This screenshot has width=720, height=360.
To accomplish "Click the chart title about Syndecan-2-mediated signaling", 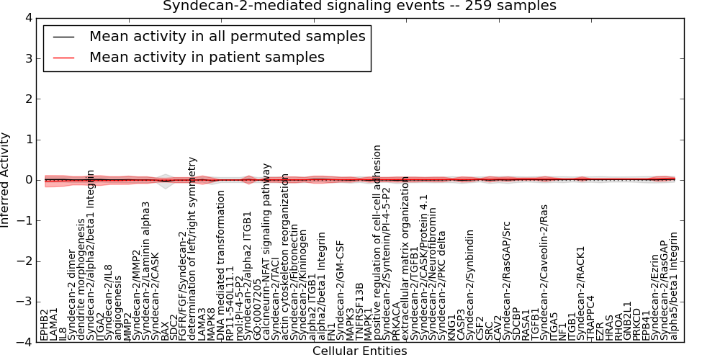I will pos(359,6).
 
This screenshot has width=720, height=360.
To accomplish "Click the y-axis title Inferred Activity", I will pos(6,180).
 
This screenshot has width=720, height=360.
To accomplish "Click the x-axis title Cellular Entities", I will pos(359,351).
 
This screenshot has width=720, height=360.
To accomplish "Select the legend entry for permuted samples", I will pos(227,36).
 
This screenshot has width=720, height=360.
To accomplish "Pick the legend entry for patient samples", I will pos(207,57).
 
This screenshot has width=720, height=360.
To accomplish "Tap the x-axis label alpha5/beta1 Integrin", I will pos(674,285).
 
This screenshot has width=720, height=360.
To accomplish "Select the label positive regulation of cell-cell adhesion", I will pos(377,242).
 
